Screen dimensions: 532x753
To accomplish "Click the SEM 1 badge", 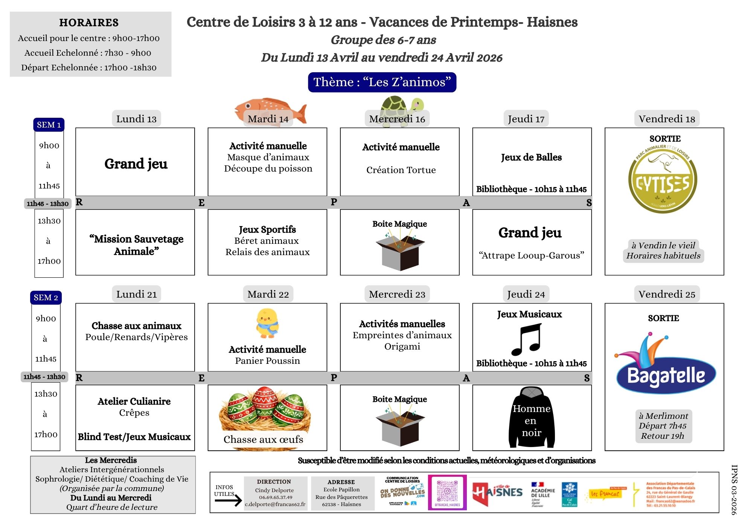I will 49,125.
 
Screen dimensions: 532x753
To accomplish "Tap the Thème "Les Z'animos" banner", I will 382,82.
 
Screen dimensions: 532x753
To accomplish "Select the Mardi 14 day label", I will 268,119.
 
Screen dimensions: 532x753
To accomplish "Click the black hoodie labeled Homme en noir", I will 531,418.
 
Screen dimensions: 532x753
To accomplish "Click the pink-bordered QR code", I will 447,492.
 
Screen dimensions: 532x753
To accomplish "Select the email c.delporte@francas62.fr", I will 275,504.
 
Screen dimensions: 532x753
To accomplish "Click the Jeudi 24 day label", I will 526,294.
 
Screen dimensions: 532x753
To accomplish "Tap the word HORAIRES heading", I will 89,23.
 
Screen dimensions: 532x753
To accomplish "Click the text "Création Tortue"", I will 401,170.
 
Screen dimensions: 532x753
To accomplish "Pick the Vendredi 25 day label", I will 667,294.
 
